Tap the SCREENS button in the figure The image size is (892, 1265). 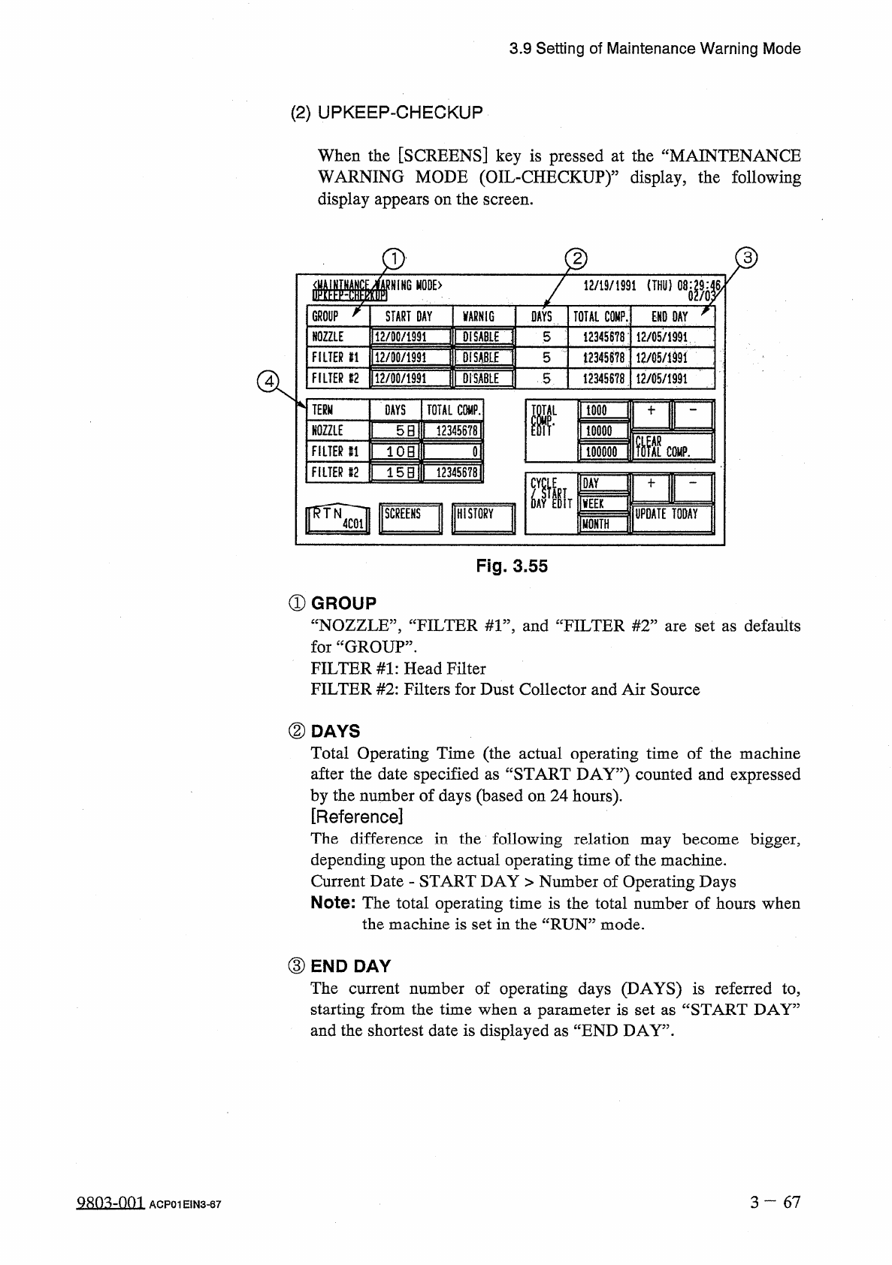point(410,518)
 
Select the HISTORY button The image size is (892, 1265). point(482,518)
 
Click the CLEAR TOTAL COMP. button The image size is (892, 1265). point(672,446)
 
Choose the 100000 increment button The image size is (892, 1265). point(604,451)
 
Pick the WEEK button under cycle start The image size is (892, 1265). point(603,503)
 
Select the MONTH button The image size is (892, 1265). point(603,524)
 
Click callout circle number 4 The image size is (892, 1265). point(267,382)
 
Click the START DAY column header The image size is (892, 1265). point(409,317)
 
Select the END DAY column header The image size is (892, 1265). point(670,317)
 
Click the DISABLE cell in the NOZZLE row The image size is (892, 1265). point(481,337)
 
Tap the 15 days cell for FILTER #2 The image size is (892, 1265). point(396,472)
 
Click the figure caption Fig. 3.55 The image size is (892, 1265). point(512,566)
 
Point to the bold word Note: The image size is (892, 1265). point(333,903)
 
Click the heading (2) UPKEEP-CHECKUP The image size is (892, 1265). point(386,113)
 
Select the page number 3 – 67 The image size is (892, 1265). point(775,1202)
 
